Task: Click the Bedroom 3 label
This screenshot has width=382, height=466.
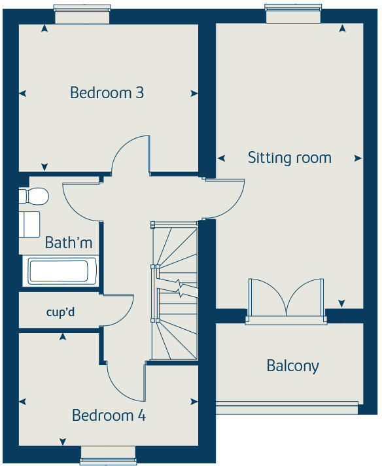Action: (107, 93)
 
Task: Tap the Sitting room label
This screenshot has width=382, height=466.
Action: (289, 158)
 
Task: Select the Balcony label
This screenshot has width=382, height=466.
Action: (292, 365)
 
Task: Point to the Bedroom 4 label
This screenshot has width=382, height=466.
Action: (109, 415)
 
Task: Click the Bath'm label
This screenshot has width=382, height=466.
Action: (68, 243)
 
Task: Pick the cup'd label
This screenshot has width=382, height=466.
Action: (60, 312)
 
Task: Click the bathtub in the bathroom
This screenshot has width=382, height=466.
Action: (61, 271)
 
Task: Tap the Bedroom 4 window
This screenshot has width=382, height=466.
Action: (108, 455)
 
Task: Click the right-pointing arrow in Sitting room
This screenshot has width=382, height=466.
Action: (357, 158)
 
